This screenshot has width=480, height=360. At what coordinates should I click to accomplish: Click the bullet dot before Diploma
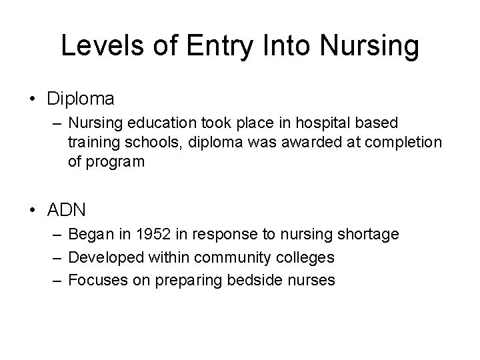(x=33, y=100)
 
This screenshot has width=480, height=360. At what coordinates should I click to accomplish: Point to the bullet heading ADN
(x=67, y=211)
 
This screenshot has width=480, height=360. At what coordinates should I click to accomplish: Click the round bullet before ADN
(x=33, y=211)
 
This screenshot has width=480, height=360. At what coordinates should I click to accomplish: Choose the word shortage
(x=369, y=234)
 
